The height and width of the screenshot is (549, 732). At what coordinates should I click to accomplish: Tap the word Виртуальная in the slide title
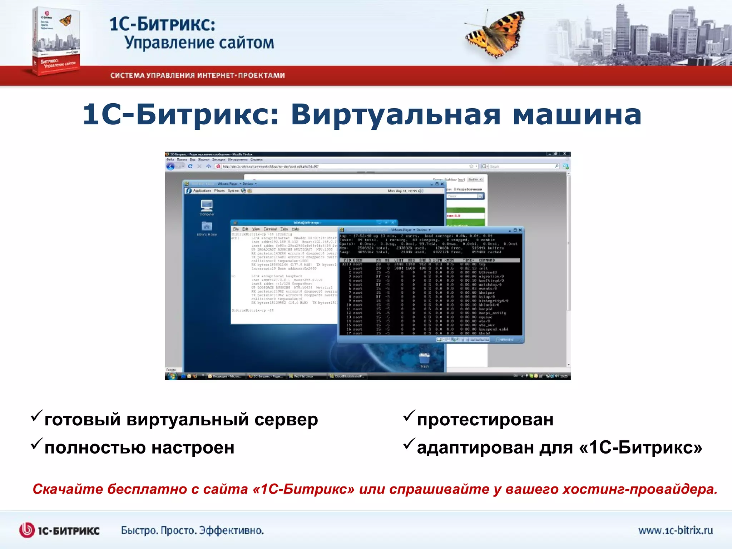pyautogui.click(x=395, y=115)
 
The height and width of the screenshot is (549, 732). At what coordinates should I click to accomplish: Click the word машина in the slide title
pyautogui.click(x=577, y=115)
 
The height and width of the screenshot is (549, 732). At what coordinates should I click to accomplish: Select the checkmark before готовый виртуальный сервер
pyautogui.click(x=36, y=416)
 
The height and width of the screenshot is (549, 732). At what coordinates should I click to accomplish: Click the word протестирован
pyautogui.click(x=485, y=420)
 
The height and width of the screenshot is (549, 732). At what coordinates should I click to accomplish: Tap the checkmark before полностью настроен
pyautogui.click(x=36, y=444)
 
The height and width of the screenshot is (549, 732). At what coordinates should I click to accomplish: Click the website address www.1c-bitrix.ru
pyautogui.click(x=675, y=530)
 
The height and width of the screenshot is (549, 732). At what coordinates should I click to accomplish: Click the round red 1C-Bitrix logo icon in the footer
pyautogui.click(x=27, y=530)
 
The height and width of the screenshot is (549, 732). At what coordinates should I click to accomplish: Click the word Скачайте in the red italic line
pyautogui.click(x=68, y=489)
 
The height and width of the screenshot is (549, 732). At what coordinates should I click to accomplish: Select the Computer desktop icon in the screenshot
pyautogui.click(x=207, y=206)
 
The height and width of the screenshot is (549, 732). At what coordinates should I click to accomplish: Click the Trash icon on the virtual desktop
pyautogui.click(x=424, y=358)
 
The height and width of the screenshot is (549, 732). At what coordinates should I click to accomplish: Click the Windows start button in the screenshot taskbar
pyautogui.click(x=172, y=376)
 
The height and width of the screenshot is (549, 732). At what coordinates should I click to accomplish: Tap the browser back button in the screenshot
pyautogui.click(x=170, y=166)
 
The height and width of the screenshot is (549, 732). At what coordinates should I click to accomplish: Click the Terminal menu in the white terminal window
pyautogui.click(x=270, y=229)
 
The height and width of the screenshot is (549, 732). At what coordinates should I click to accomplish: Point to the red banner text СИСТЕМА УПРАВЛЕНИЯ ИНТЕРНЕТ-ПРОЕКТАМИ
pyautogui.click(x=197, y=75)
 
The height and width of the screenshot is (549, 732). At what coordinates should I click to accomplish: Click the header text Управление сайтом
pyautogui.click(x=199, y=43)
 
